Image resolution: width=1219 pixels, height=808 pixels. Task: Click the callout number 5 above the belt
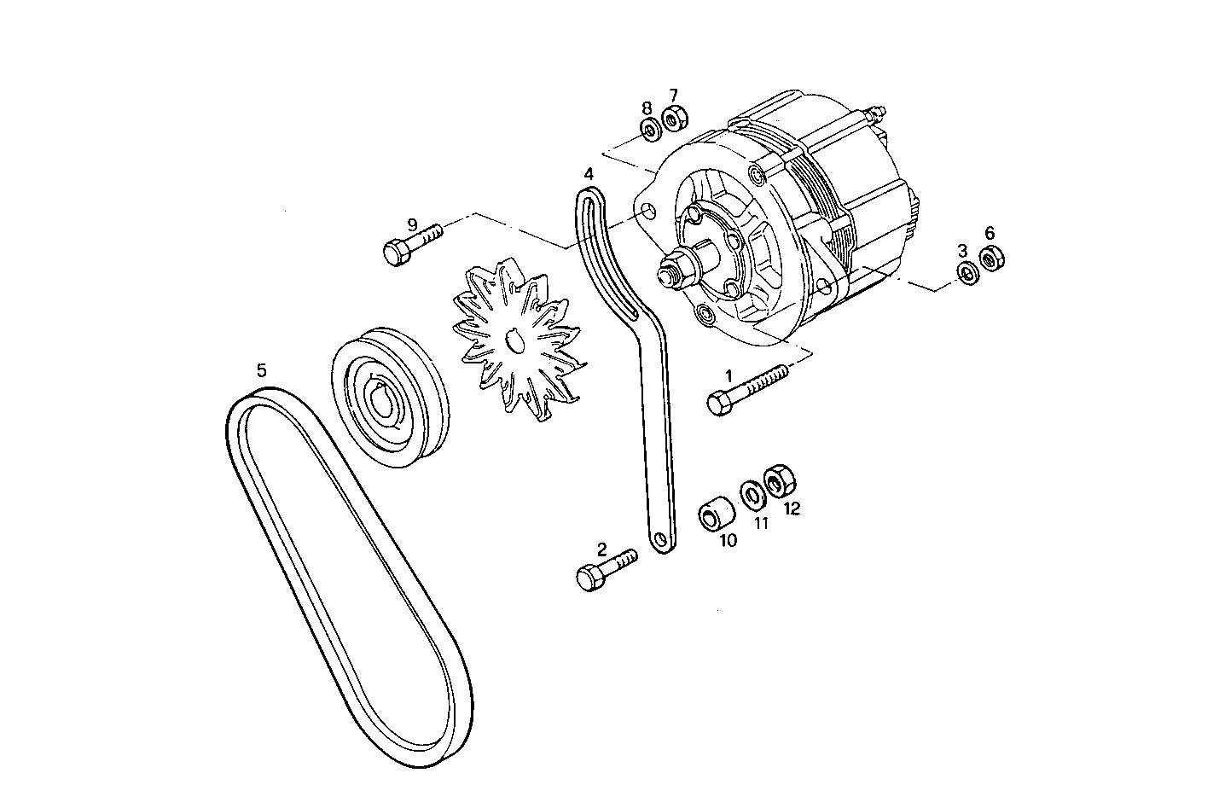click(262, 370)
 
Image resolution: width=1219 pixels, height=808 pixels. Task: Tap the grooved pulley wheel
click(390, 395)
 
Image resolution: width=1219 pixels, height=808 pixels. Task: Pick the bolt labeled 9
click(410, 244)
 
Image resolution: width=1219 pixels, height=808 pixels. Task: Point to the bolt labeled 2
click(605, 568)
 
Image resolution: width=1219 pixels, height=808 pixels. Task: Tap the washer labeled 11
click(751, 493)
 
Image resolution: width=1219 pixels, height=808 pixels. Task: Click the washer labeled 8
click(648, 131)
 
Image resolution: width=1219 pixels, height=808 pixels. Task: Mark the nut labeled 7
click(673, 118)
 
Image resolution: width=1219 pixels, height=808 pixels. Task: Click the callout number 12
click(792, 509)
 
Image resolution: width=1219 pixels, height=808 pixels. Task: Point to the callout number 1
click(728, 375)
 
